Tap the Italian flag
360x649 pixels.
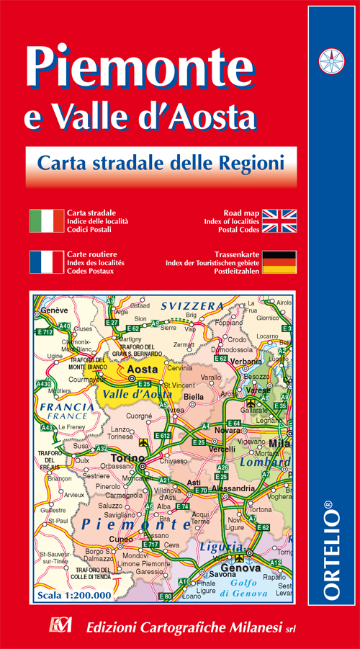[x=46, y=221]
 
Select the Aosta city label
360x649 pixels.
[x=142, y=370]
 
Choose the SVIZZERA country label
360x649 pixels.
[x=192, y=306]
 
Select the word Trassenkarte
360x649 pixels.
[x=235, y=254]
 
